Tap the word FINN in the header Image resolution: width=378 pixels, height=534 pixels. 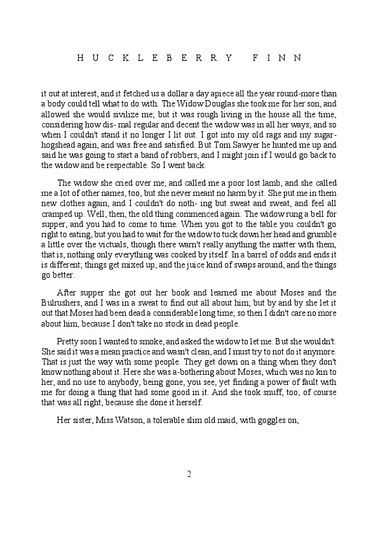277,57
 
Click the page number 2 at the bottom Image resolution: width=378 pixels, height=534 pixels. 189,474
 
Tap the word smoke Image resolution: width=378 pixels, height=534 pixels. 138,339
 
